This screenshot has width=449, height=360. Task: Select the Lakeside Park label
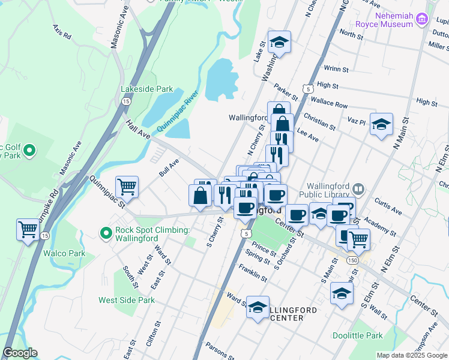click(147, 89)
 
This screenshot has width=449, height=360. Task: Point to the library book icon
click(358, 190)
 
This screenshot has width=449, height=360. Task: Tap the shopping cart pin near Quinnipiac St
click(127, 187)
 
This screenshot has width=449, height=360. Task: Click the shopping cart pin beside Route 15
click(28, 229)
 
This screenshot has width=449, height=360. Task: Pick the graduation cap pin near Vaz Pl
click(381, 124)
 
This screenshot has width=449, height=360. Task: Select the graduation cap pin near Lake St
click(279, 42)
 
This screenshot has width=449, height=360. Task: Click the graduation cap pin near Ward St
click(258, 308)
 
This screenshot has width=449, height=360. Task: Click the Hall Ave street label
click(137, 130)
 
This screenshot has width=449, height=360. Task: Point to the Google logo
click(20, 353)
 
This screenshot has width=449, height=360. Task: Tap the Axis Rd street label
click(62, 32)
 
